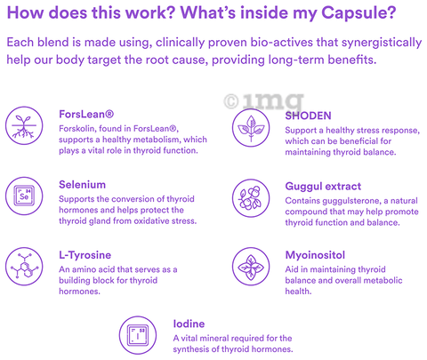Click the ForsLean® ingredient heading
[86, 114]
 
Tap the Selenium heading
[82, 185]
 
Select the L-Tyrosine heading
[85, 255]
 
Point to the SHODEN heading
[308, 116]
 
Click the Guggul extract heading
[323, 187]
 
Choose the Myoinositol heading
[315, 255]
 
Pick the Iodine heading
[189, 324]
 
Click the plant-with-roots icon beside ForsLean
[24, 125]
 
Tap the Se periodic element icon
[24, 196]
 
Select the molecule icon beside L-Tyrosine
[24, 267]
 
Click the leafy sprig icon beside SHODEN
[251, 127]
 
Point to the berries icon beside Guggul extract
[251, 198]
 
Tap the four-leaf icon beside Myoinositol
[251, 267]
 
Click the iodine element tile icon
[138, 335]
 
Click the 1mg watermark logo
[264, 101]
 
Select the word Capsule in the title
[359, 13]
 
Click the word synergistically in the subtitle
[382, 43]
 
